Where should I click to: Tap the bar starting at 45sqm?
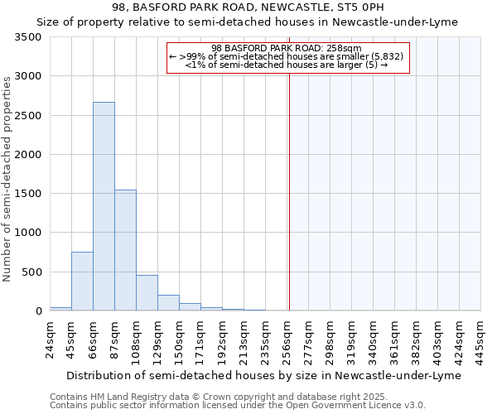[x=82, y=282]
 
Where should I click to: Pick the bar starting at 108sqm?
[x=147, y=293]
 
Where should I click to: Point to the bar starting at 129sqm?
[x=168, y=303]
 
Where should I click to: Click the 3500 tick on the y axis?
[x=28, y=38]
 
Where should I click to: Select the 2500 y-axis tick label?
[x=28, y=116]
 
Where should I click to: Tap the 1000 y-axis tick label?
[x=28, y=233]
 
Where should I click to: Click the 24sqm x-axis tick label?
[x=50, y=339]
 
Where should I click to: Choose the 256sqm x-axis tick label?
[x=287, y=341]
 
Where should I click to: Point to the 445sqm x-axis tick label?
[x=480, y=341]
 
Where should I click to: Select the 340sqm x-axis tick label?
[x=373, y=341]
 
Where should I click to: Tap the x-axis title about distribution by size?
[x=265, y=375]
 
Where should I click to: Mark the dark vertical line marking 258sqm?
[x=289, y=207]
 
